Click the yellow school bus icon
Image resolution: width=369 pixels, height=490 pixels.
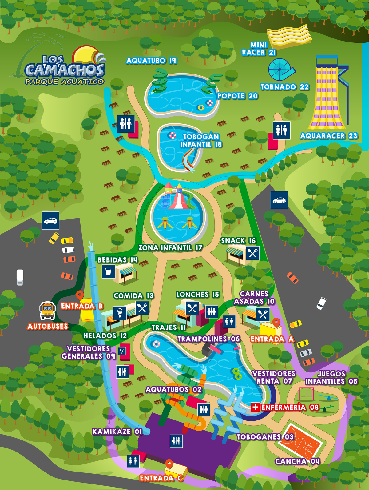click(48, 310)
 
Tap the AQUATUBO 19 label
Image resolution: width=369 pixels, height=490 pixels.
click(151, 61)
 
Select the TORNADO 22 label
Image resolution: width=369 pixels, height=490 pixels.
click(284, 87)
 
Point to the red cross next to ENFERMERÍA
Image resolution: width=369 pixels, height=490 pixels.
click(255, 407)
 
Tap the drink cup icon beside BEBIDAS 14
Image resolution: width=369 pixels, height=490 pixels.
click(109, 272)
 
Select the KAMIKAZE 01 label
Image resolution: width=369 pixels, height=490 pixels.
click(117, 432)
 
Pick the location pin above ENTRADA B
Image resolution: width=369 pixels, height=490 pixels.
click(80, 295)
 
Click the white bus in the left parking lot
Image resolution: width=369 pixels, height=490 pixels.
click(20, 277)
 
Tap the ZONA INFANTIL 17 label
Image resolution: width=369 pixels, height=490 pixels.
click(170, 248)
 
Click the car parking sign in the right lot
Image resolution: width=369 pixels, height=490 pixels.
click(279, 200)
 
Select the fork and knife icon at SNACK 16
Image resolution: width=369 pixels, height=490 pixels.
click(252, 253)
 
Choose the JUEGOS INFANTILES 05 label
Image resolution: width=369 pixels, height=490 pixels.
click(331, 377)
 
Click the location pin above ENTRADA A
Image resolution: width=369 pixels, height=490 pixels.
click(276, 323)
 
